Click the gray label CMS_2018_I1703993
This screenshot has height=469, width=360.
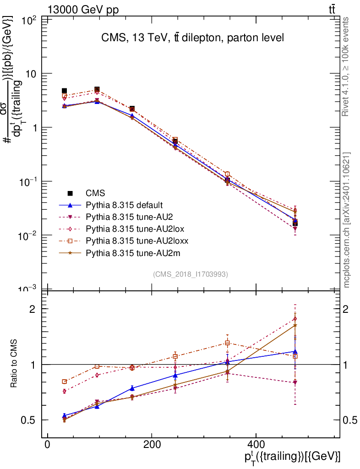[x=190, y=274]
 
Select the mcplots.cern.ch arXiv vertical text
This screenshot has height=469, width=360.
[x=347, y=220]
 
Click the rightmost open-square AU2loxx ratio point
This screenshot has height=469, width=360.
[x=295, y=356]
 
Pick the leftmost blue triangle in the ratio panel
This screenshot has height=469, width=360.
[x=64, y=416]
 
